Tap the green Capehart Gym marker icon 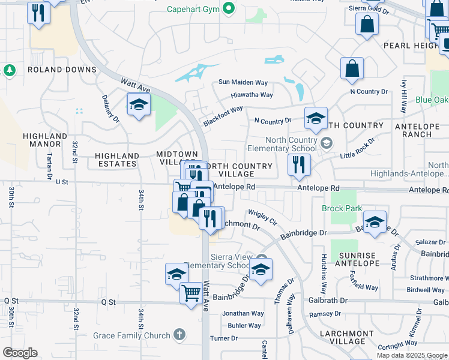click(228, 8)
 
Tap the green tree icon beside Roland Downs click(9, 71)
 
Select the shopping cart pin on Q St click(191, 294)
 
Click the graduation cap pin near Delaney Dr click(139, 105)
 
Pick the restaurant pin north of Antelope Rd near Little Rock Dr click(298, 164)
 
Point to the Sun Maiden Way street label click(243, 82)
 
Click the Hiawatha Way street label click(252, 95)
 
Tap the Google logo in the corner click(20, 353)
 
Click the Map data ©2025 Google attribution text click(411, 355)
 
